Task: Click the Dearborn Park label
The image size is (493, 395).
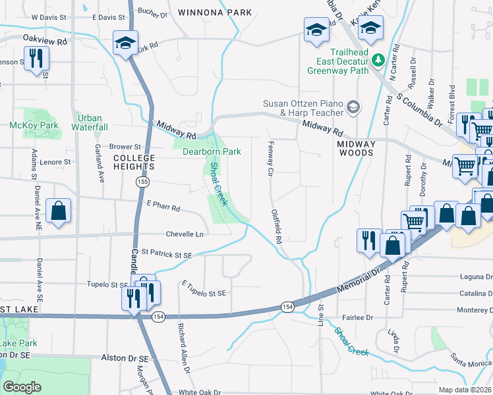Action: (x=212, y=151)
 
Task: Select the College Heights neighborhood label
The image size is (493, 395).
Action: (x=134, y=162)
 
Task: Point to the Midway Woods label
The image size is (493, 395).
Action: (x=355, y=148)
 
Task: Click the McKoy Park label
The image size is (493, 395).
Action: (x=34, y=125)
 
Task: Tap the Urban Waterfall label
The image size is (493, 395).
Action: (x=90, y=122)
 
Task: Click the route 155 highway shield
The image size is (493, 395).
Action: (x=142, y=182)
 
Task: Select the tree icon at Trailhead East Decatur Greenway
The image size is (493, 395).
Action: (x=378, y=61)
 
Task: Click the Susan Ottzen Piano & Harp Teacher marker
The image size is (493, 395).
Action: (x=353, y=107)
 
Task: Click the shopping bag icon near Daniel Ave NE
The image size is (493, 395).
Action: (x=59, y=212)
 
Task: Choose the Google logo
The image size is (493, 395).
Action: (x=22, y=387)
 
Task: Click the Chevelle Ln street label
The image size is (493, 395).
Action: (x=185, y=234)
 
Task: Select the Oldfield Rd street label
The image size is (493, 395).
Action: (x=277, y=226)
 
